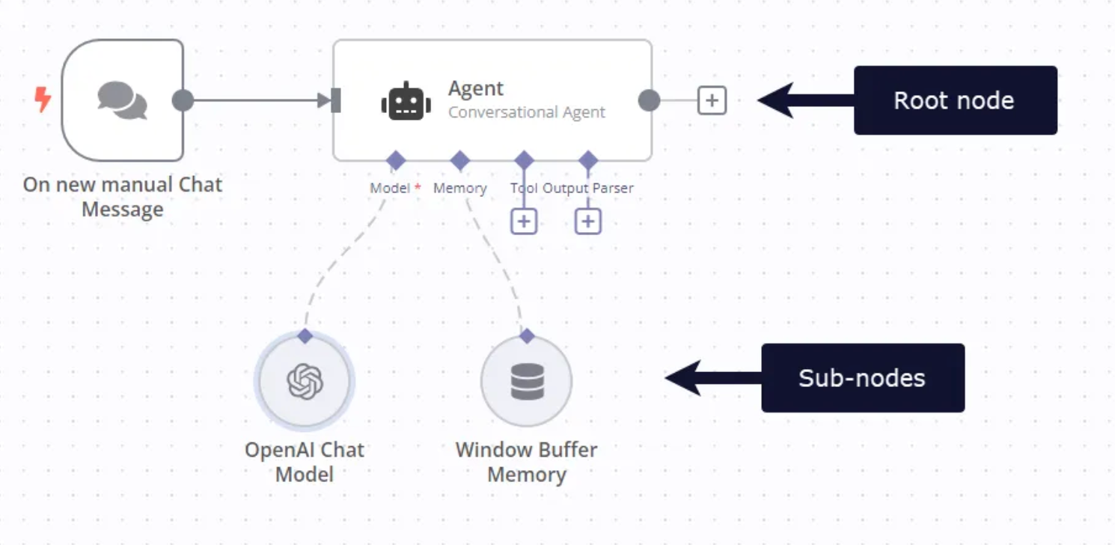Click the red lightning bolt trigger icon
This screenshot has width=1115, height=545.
[43, 100]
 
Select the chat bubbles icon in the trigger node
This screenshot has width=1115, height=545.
[122, 100]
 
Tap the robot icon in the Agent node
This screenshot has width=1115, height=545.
[406, 101]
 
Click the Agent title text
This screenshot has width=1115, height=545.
[476, 88]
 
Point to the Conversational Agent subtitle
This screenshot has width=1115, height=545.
[526, 112]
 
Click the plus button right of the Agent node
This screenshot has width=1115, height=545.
[712, 100]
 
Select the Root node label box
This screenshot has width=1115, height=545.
[955, 100]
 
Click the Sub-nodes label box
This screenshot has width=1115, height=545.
[862, 378]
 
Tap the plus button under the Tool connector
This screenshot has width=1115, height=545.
[524, 221]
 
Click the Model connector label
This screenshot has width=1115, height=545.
[390, 189]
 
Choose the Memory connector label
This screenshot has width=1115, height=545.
[459, 189]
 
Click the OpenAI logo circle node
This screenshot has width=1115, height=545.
[305, 381]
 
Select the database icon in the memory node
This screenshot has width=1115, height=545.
[527, 381]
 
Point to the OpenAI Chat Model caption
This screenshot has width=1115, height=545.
[305, 462]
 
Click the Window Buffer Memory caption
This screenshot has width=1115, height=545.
[527, 462]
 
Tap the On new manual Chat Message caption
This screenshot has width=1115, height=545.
[123, 196]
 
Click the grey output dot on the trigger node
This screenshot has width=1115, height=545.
[183, 100]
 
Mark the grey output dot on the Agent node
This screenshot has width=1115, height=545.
[649, 100]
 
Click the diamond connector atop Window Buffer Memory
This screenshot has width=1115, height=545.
[527, 335]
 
